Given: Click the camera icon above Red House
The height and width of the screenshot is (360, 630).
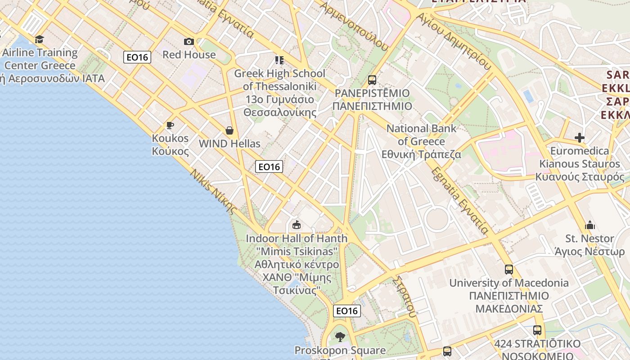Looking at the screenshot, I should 189,42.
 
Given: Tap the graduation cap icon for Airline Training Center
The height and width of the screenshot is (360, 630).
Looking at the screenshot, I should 40,40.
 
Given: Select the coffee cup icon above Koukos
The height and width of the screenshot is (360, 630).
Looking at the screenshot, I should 170,125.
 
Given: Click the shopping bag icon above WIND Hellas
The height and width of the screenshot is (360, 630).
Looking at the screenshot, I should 229,131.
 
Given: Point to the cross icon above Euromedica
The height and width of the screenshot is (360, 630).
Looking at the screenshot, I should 580,138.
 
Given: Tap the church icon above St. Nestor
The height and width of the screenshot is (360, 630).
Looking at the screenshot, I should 589,225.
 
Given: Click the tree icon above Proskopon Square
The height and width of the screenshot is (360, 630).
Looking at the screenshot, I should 340,337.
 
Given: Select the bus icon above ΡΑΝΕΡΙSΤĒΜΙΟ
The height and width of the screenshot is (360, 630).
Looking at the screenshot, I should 372,80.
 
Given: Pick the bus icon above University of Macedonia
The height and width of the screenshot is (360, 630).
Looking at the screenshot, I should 508,270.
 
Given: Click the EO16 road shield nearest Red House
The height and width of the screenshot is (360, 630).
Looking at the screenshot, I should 137,57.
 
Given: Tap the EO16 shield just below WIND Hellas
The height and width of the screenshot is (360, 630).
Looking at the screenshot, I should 269,167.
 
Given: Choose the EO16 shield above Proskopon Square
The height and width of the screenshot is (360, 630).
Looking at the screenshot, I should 347,311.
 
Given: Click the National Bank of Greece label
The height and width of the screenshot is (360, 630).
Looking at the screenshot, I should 422,141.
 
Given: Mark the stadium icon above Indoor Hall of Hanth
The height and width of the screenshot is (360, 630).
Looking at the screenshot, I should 296,225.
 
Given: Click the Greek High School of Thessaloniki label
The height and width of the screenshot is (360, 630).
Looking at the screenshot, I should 279,93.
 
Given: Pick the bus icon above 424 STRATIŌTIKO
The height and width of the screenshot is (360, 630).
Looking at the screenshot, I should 537,330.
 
